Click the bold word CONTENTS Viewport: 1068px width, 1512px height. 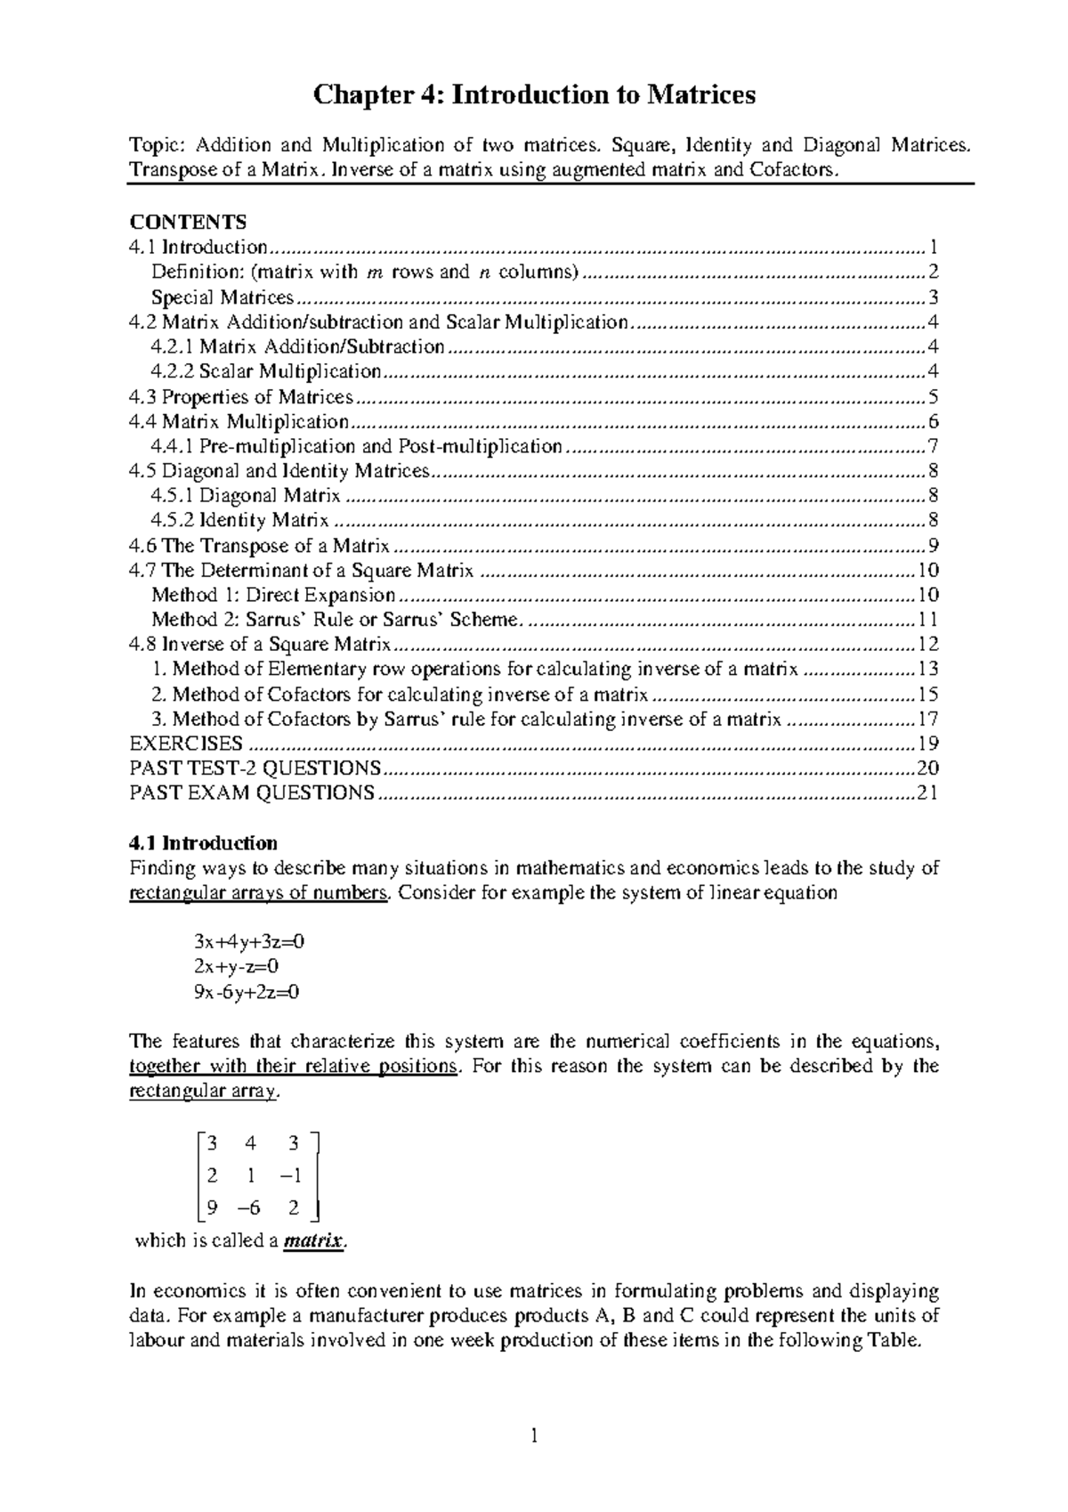pyautogui.click(x=188, y=222)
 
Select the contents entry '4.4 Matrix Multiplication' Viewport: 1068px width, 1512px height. pyautogui.click(x=239, y=421)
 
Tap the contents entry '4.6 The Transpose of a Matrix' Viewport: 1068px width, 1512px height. pyautogui.click(x=259, y=546)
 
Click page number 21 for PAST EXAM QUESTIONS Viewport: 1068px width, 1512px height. pyautogui.click(x=927, y=793)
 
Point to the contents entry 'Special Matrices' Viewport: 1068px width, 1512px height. pyautogui.click(x=222, y=297)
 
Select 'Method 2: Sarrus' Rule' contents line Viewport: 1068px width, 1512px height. pyautogui.click(x=333, y=620)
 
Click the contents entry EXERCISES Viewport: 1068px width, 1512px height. pyautogui.click(x=186, y=744)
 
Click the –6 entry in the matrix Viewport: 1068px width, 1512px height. pyautogui.click(x=252, y=1208)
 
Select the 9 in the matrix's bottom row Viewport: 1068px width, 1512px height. pyautogui.click(x=212, y=1208)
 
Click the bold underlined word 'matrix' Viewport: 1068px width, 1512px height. pyautogui.click(x=312, y=1240)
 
